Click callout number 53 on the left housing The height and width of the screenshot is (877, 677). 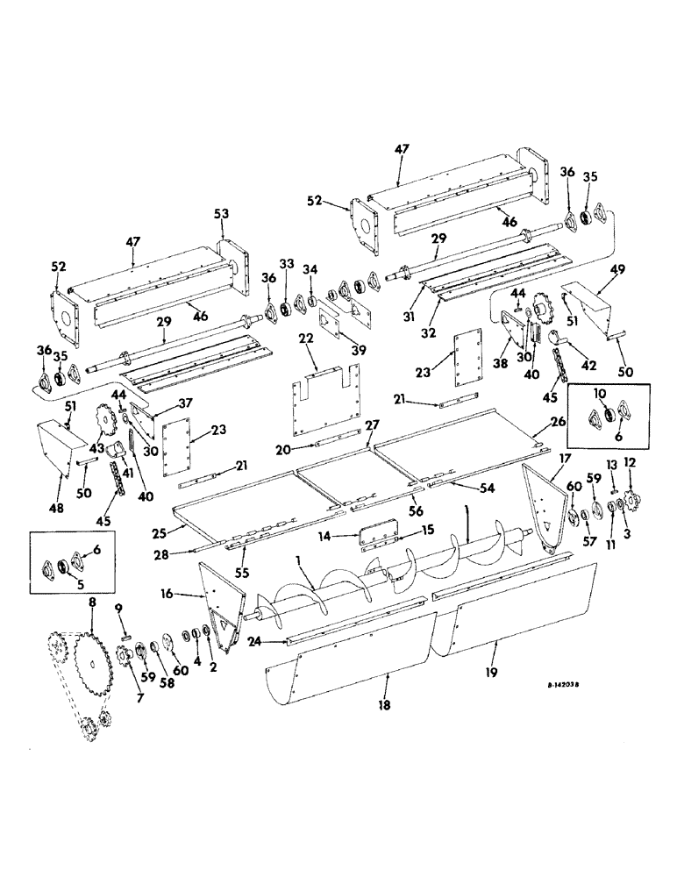(x=220, y=212)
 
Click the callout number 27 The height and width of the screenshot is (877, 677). (x=373, y=424)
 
